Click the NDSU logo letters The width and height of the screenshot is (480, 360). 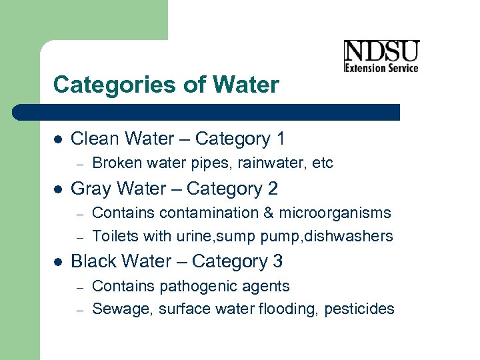381,51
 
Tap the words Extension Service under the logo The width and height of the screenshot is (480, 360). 381,67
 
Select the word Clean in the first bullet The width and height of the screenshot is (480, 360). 93,139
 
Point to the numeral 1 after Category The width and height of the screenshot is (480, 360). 280,139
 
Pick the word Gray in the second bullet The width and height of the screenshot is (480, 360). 90,189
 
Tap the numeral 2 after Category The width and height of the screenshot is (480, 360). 273,189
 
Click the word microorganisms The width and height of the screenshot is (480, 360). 335,213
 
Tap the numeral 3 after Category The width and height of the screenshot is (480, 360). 277,262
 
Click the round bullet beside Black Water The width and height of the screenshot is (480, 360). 57,262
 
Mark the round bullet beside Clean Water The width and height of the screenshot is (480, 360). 57,139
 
